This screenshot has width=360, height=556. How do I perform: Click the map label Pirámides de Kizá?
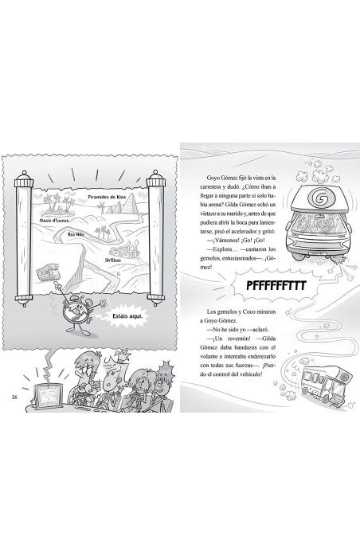click(x=107, y=197)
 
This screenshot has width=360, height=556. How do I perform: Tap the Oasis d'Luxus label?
click(x=54, y=221)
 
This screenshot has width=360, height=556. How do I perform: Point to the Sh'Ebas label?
click(x=112, y=260)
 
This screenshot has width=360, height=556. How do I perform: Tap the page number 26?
click(x=14, y=397)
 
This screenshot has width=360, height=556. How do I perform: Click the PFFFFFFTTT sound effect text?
click(x=276, y=286)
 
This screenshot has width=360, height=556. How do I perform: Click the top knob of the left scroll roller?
click(x=24, y=174)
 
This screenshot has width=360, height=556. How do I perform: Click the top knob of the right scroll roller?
click(x=155, y=174)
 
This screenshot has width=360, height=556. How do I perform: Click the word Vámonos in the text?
click(x=224, y=241)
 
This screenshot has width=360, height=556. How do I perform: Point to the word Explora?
click(x=221, y=249)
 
